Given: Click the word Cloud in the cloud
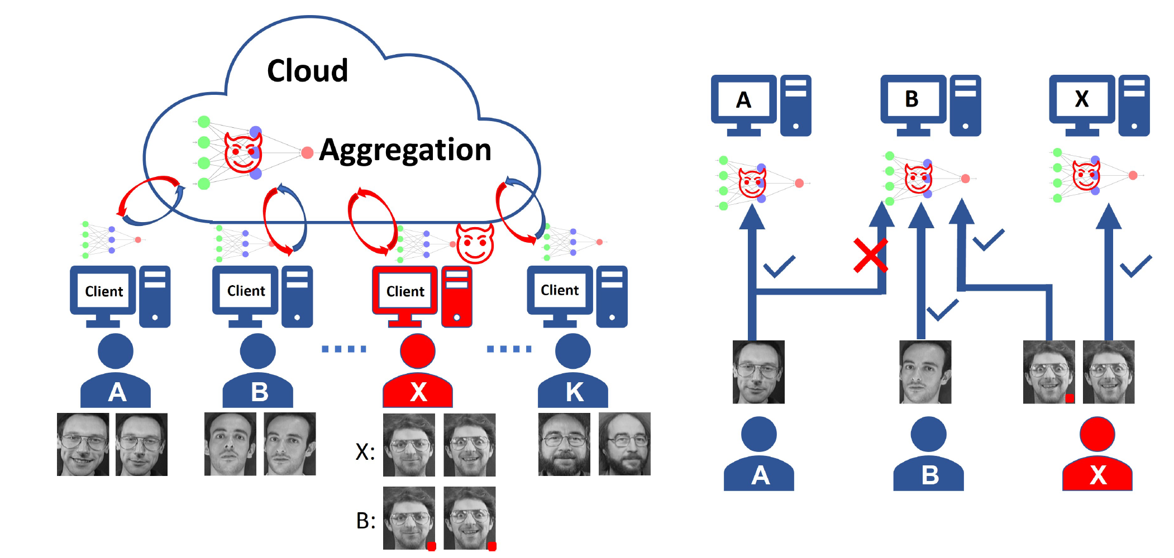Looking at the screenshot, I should (307, 71).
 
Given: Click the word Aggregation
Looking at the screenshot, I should (405, 150).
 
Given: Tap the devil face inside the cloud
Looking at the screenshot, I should (243, 152).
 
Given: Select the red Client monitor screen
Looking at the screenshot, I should (405, 291).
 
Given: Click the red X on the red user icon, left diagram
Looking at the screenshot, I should (418, 392).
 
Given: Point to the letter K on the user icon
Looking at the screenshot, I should (574, 392).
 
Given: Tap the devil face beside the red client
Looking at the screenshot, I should (475, 243).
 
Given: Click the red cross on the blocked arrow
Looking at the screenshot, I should (870, 256).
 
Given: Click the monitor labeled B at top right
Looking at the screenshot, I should (912, 99).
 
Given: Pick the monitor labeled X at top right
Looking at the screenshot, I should (1081, 99).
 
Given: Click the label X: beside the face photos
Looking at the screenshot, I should (365, 451).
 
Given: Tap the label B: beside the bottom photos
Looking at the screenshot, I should (366, 521).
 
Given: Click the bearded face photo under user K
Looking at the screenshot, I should (564, 444).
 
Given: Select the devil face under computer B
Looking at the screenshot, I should (918, 179).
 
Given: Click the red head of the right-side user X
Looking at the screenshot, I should (1097, 434).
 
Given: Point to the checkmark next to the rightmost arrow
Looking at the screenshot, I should (1136, 266).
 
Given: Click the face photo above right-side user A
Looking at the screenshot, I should (758, 372).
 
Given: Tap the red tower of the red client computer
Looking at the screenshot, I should (456, 296).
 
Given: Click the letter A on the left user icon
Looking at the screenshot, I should (116, 392).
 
